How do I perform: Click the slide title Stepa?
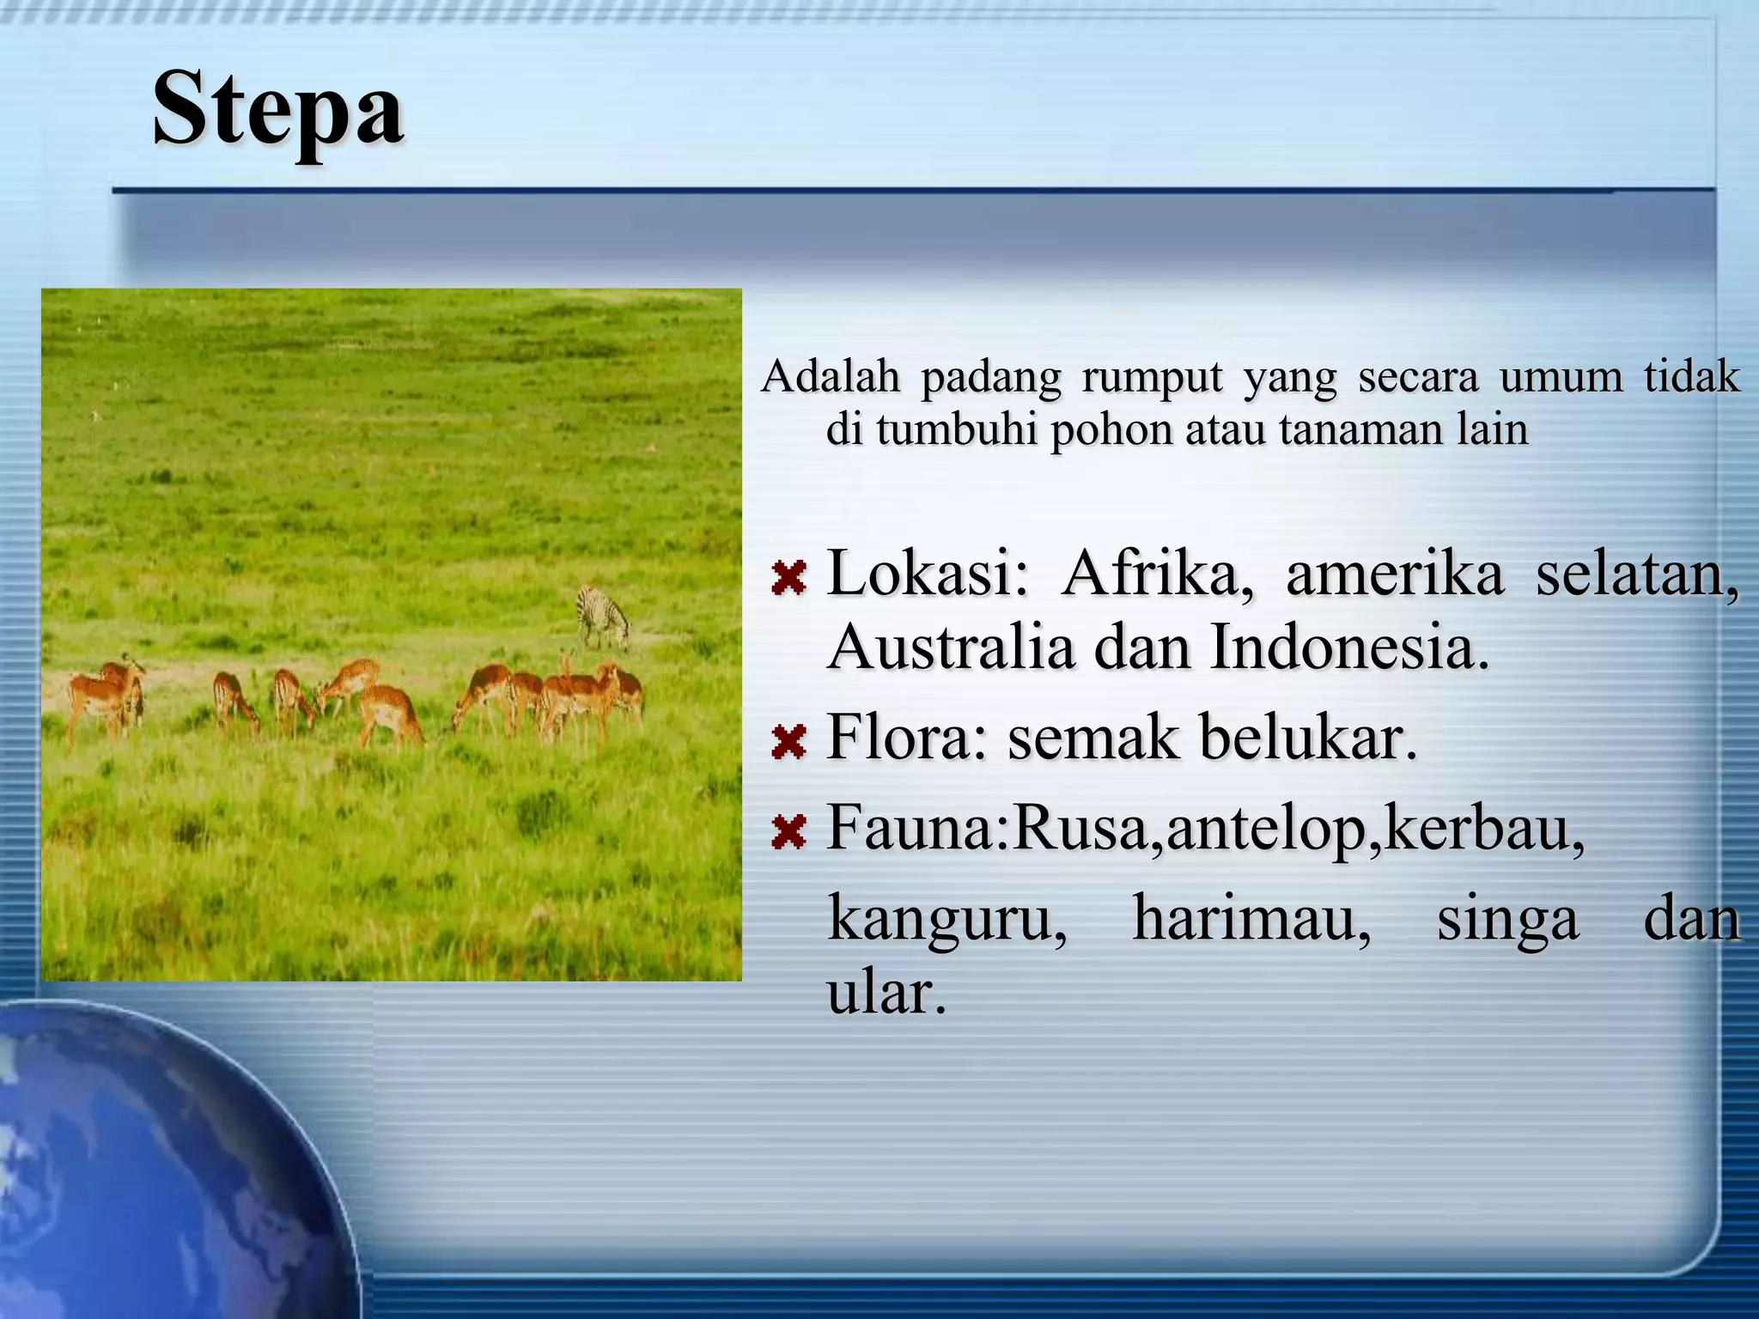[278, 110]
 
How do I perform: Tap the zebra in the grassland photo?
[603, 616]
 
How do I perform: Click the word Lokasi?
[927, 574]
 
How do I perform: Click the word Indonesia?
[1349, 647]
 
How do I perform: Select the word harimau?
[1251, 919]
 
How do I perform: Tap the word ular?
[886, 994]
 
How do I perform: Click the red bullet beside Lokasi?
[788, 578]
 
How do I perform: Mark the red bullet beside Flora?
[788, 742]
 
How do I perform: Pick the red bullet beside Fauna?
[788, 831]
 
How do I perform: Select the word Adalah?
[831, 376]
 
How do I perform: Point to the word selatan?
[1637, 574]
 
